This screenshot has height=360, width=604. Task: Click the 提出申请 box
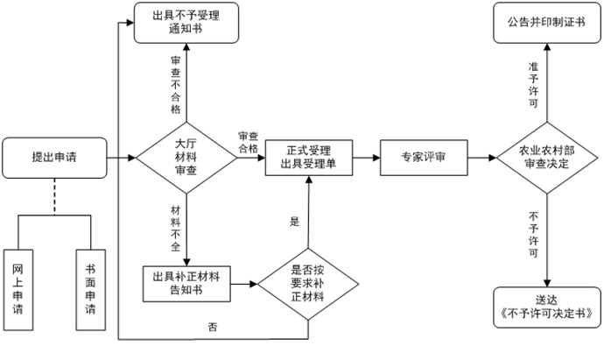[54, 159]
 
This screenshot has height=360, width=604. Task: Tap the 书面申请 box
[91, 292]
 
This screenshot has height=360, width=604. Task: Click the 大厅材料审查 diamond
[186, 159]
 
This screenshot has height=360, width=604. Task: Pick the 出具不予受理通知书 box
[185, 23]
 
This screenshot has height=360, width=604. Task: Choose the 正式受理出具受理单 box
[309, 159]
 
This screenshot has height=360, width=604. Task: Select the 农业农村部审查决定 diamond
[547, 159]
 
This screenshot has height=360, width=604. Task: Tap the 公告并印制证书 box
[548, 22]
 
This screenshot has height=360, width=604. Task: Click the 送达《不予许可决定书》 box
[548, 305]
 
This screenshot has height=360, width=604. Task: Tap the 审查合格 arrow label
[248, 143]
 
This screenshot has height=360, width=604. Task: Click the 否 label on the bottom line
[213, 328]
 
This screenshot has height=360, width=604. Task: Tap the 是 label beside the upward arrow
[295, 222]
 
